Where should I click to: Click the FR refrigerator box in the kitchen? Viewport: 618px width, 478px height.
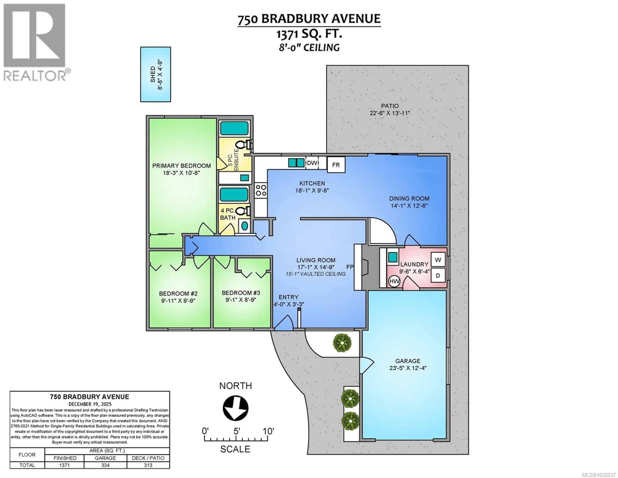(x=336, y=165)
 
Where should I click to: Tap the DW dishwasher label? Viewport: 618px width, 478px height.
(x=312, y=163)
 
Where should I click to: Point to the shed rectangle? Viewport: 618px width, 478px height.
(x=155, y=74)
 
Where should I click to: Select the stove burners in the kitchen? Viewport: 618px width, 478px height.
(x=261, y=190)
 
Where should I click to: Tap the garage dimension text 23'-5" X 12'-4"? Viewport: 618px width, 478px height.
(x=407, y=368)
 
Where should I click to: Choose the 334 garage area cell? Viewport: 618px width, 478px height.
(x=105, y=465)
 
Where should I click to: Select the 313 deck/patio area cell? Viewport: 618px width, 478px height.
(x=148, y=465)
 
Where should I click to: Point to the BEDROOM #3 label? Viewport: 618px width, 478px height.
(x=241, y=293)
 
